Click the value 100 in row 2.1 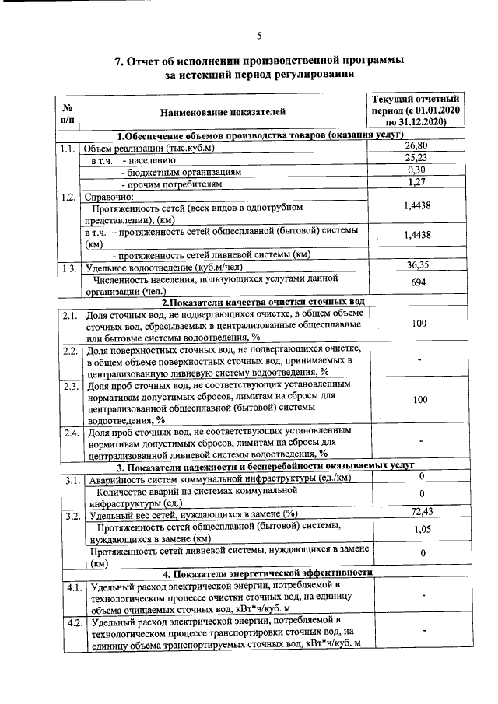point(419,323)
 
